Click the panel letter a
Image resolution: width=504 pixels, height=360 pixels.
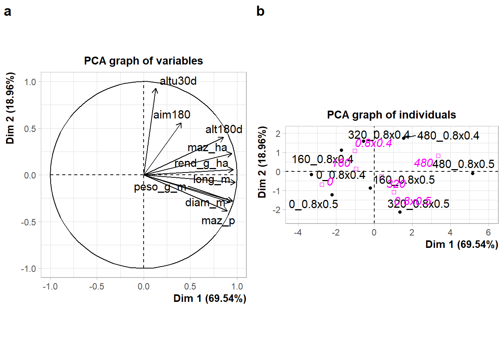pos(7,12)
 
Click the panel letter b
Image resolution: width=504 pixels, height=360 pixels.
pos(260,11)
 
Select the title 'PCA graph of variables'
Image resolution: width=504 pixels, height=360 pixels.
pos(143,61)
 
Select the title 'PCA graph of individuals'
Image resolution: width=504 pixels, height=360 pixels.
pos(391,115)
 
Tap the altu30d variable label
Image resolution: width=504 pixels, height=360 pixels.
pos(178,81)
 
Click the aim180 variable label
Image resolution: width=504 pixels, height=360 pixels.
pos(172,115)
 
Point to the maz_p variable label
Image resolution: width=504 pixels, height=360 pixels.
pos(218,221)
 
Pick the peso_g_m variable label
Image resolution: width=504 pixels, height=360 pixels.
pos(160,187)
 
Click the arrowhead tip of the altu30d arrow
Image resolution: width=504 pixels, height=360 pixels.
pos(156,88)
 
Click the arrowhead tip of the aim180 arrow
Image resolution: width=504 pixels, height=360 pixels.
pos(181,123)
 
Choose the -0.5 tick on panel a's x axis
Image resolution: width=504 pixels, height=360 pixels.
pos(97,286)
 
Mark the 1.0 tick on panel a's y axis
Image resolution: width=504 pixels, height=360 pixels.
pos(30,82)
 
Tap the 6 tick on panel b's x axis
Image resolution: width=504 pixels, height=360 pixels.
pos(488,232)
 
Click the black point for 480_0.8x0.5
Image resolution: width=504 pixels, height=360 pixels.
pos(472,173)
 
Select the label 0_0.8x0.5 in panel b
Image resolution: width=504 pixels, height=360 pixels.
pos(313,204)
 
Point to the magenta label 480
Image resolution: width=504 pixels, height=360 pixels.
pos(423,163)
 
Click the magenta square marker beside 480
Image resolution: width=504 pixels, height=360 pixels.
pos(438,156)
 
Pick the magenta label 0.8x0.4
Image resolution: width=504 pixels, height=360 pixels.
pos(373,143)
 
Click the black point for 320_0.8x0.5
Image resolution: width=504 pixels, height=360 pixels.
pos(400,212)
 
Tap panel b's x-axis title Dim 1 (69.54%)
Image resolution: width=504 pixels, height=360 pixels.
pos(462,244)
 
